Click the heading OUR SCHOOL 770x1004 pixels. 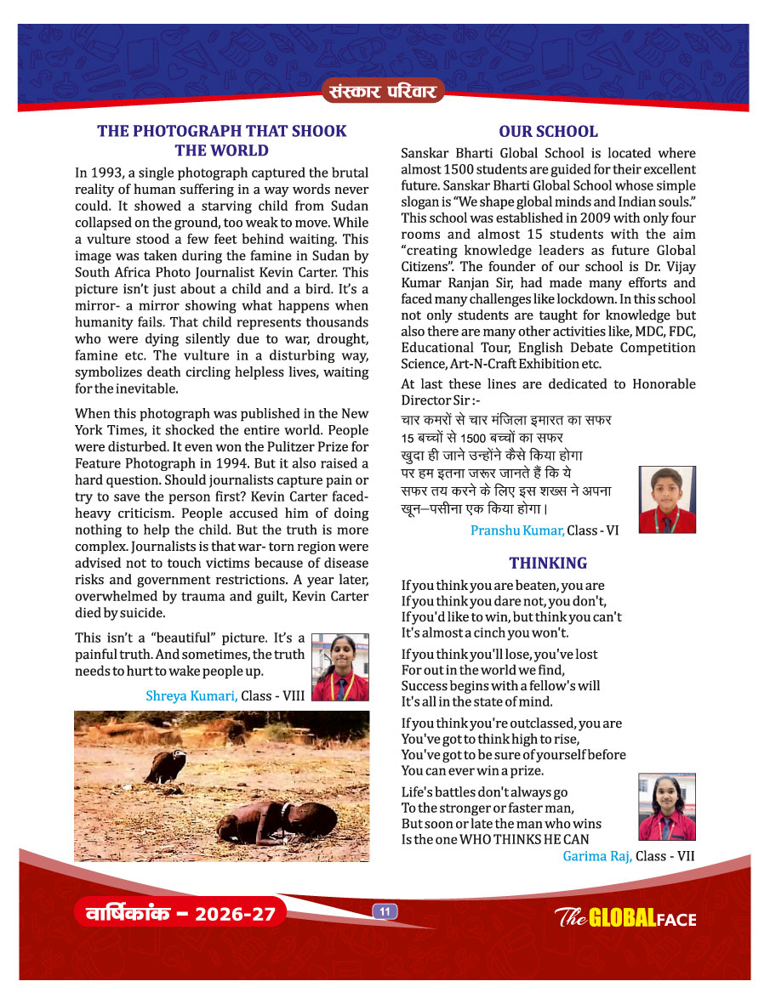(x=548, y=132)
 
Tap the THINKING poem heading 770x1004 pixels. (x=548, y=563)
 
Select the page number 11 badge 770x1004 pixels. (x=385, y=912)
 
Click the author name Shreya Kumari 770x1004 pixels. (x=191, y=695)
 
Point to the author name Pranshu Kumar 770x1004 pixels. (x=517, y=530)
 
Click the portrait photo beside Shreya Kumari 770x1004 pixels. (x=340, y=666)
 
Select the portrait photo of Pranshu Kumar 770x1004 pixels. (x=667, y=499)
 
